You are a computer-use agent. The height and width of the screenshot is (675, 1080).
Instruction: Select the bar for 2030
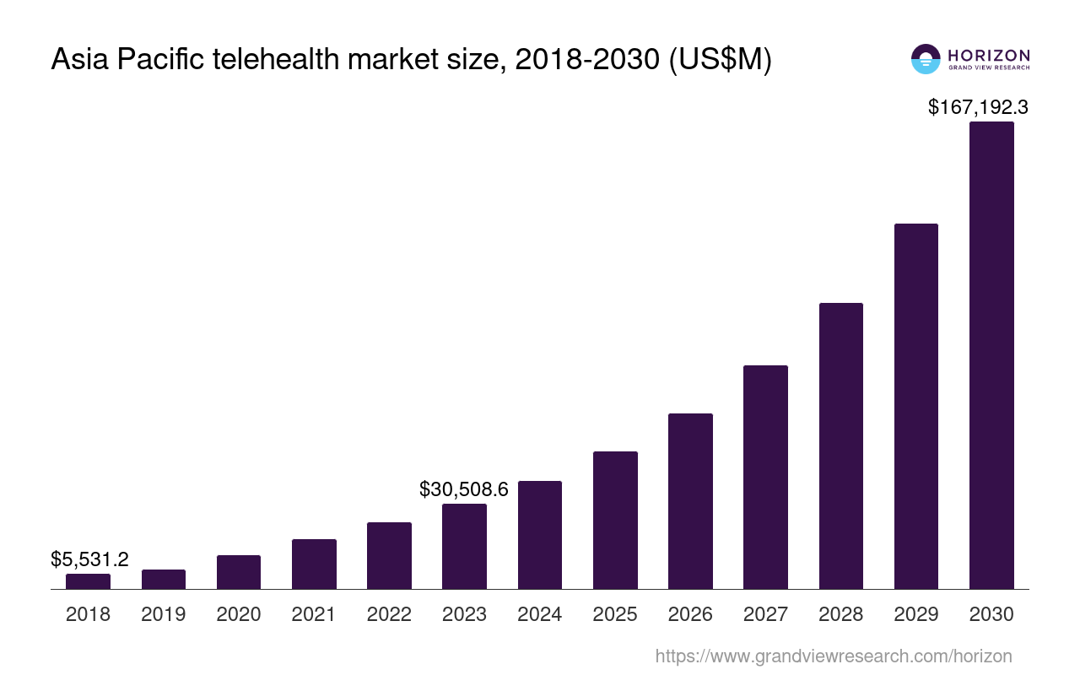(x=991, y=355)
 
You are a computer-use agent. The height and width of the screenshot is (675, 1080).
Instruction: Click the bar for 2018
(x=88, y=581)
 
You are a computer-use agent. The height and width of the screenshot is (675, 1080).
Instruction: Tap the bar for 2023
(x=464, y=546)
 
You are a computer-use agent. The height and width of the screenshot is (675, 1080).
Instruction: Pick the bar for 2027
(x=765, y=477)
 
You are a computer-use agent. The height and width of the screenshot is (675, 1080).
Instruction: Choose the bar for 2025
(x=615, y=520)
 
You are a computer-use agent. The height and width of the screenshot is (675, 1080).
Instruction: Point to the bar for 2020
(x=239, y=572)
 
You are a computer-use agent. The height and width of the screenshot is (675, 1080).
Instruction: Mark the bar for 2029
(x=916, y=406)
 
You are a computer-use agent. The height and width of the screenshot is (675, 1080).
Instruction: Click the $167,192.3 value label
(x=978, y=107)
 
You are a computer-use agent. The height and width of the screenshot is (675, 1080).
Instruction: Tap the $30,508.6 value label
(x=464, y=489)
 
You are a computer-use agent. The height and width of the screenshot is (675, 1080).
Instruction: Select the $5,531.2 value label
(x=89, y=559)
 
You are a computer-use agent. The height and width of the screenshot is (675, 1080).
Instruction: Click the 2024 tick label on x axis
(x=540, y=614)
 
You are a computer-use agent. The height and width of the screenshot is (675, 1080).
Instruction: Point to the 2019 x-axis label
(x=164, y=614)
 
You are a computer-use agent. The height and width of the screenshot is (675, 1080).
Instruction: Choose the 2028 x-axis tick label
(x=841, y=614)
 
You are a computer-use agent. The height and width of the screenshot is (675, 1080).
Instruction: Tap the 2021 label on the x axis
(x=314, y=614)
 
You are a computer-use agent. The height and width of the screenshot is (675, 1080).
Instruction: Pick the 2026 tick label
(x=690, y=614)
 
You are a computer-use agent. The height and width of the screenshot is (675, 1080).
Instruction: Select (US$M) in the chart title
(x=720, y=60)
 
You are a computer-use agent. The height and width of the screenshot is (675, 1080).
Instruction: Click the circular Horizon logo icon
(x=926, y=58)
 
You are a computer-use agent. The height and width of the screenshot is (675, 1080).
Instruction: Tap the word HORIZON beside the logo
(x=989, y=55)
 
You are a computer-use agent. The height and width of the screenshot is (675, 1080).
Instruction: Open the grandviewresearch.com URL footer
(x=833, y=656)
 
